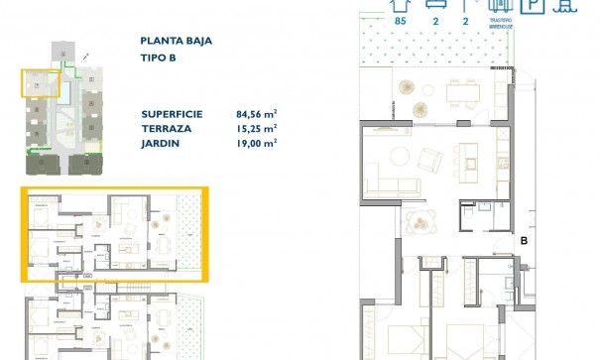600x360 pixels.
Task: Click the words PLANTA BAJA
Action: [x=177, y=42]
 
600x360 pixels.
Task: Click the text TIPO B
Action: [x=159, y=59]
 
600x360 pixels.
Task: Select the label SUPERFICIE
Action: [x=172, y=114]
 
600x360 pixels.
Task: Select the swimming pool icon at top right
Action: [x=566, y=5]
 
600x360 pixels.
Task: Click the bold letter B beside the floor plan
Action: [x=524, y=239]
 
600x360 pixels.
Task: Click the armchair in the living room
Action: [x=430, y=158]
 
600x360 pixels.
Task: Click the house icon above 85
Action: [x=400, y=5]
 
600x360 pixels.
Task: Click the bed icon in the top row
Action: [x=433, y=5]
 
